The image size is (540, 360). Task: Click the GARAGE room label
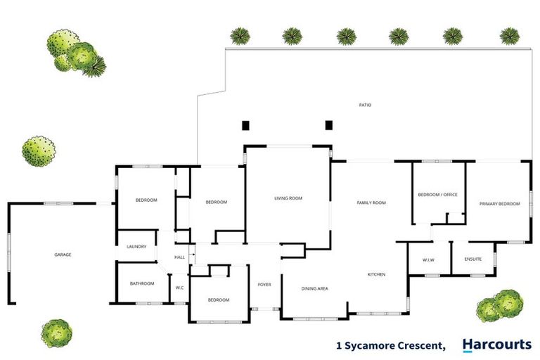tap(63, 255)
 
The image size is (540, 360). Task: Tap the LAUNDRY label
tap(136, 247)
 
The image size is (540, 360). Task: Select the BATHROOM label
tap(142, 283)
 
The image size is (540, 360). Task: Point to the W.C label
tap(179, 288)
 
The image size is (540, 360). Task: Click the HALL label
tap(179, 257)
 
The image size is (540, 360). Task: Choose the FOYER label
tap(264, 285)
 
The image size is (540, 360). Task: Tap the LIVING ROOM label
tap(288, 199)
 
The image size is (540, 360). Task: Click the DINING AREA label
tap(314, 288)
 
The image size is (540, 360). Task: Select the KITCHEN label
tap(376, 274)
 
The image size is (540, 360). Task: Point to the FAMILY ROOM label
tap(371, 203)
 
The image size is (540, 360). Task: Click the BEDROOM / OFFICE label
tap(437, 195)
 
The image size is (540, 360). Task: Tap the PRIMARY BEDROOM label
tap(499, 204)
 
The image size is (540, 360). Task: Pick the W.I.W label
tap(428, 260)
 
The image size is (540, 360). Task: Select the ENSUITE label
tap(473, 260)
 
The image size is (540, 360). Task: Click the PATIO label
tap(365, 105)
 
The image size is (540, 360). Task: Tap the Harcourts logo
tap(496, 345)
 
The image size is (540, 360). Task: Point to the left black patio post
tap(246, 126)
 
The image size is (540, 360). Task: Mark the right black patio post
tap(328, 126)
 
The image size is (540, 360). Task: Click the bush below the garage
tap(57, 332)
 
